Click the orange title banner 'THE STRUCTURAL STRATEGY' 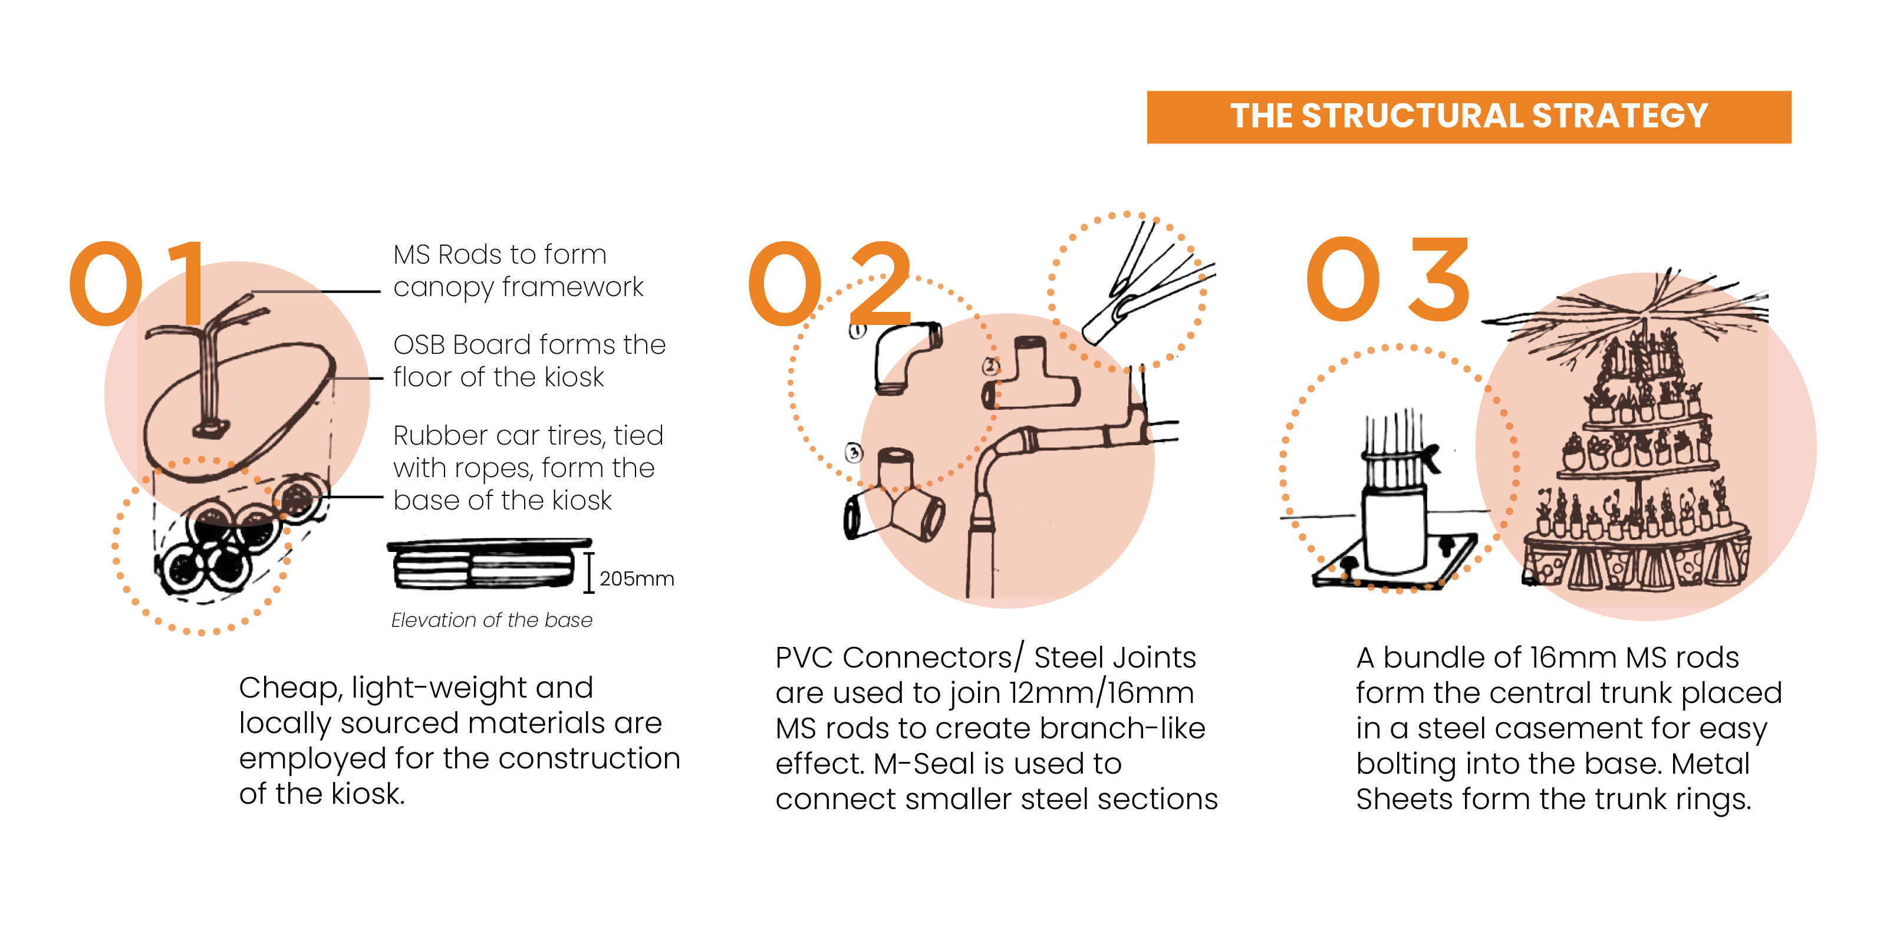pos(1469,117)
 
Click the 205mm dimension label pos(637,579)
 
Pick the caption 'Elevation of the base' pos(491,620)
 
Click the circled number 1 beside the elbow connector pos(858,331)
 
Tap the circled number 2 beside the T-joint pos(990,366)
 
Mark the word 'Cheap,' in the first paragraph pos(291,689)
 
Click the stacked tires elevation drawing pos(489,564)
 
